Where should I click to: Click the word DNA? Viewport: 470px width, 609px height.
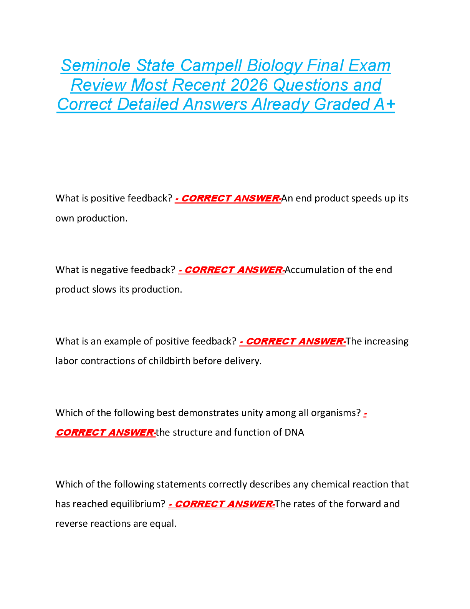click(294, 433)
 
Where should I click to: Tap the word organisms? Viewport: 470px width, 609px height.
click(336, 413)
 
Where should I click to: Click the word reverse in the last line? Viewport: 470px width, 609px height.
click(71, 524)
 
